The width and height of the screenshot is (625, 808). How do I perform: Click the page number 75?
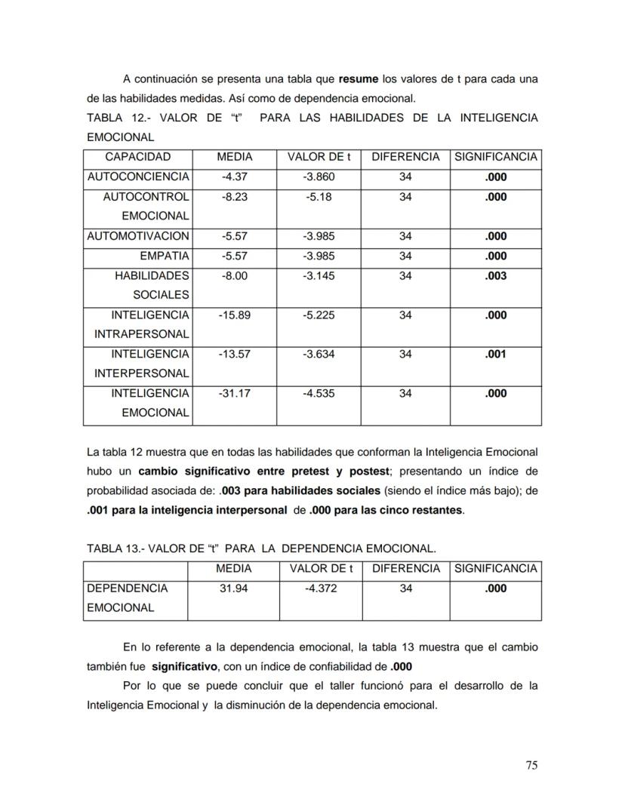531,765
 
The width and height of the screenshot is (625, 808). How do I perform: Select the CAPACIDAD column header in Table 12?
137,157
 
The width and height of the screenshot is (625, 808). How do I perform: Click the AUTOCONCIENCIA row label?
138,177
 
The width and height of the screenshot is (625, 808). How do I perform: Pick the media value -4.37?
234,177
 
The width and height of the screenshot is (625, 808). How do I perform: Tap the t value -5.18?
318,197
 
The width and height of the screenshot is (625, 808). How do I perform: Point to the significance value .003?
495,275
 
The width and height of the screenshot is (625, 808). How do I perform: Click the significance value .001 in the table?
495,354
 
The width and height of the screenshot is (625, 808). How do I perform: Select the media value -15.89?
234,315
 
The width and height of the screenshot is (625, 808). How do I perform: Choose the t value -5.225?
318,315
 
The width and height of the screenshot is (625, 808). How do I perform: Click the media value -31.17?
234,393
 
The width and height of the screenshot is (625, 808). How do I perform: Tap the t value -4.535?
318,393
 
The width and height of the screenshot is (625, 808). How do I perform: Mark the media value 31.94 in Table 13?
234,588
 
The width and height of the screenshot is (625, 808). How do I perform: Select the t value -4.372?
321,588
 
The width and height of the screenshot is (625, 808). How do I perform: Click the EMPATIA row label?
164,256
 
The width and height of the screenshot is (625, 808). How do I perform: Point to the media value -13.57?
234,354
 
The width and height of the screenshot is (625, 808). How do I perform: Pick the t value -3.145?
318,275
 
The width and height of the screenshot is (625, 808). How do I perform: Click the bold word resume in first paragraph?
359,78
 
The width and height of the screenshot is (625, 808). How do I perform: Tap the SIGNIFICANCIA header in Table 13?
495,568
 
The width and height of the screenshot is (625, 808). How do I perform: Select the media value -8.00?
234,275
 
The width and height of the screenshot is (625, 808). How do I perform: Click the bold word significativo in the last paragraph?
185,667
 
